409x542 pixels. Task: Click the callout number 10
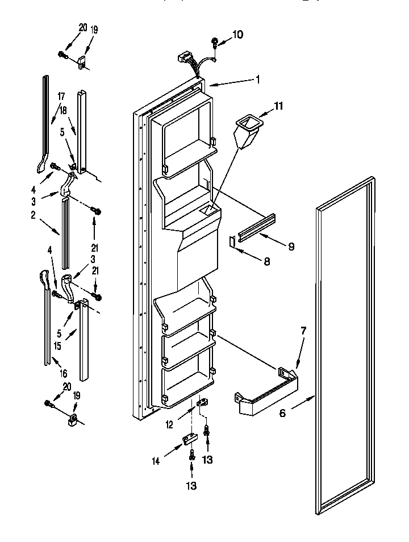pyautogui.click(x=237, y=35)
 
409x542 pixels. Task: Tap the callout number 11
pyautogui.click(x=278, y=106)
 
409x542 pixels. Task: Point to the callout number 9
pyautogui.click(x=291, y=247)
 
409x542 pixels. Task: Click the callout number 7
pyautogui.click(x=303, y=331)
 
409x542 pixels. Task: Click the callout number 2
pyautogui.click(x=34, y=215)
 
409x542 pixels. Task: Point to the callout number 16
pyautogui.click(x=64, y=373)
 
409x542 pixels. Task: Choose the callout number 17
pyautogui.click(x=61, y=97)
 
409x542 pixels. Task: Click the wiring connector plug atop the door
pyautogui.click(x=183, y=57)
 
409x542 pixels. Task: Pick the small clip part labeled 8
pyautogui.click(x=232, y=241)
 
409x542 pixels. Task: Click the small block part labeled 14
pyautogui.click(x=188, y=440)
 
